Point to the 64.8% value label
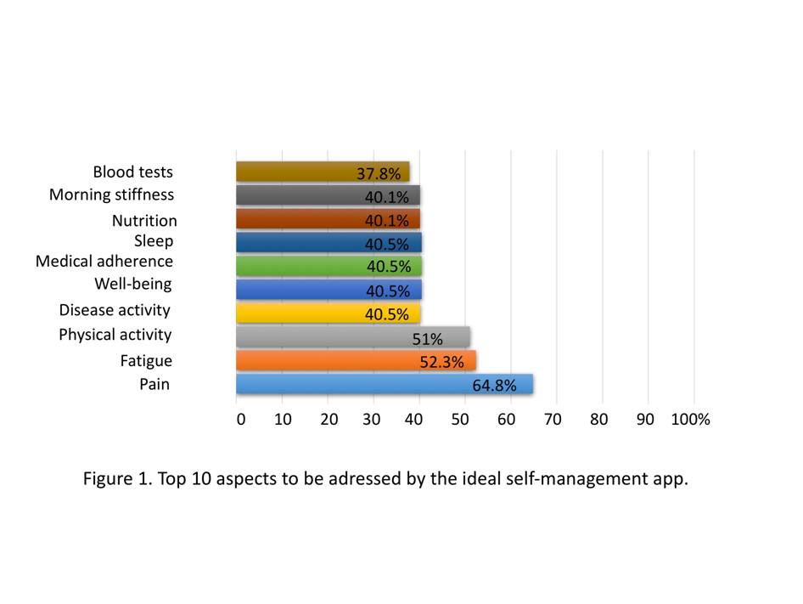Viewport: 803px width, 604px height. (494, 386)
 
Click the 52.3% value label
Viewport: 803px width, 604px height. (441, 362)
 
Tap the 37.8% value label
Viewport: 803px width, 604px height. (378, 173)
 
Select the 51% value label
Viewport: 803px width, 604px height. (428, 339)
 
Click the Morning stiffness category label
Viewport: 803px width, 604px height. (111, 195)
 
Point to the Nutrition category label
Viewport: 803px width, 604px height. (144, 221)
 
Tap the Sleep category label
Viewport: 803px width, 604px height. (154, 241)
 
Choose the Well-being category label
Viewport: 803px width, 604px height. (133, 284)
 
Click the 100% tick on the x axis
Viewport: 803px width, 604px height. (690, 420)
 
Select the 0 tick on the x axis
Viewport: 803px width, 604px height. (241, 420)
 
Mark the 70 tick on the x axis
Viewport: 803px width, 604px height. (553, 420)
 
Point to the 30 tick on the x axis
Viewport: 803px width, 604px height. (371, 420)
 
